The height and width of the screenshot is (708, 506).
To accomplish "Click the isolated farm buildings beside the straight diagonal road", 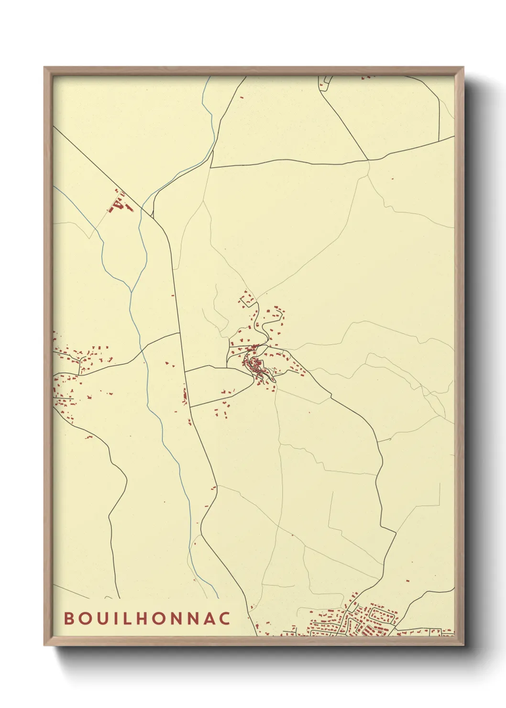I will [x=118, y=204].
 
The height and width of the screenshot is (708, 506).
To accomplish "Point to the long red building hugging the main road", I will [x=185, y=396].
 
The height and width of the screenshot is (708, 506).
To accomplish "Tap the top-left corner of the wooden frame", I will [x=44, y=67].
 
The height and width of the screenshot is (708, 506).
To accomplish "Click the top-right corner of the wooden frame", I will [x=463, y=67].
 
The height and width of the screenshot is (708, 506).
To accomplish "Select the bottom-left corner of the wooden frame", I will [x=44, y=645].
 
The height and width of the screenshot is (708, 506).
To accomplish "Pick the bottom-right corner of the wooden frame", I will [x=463, y=645].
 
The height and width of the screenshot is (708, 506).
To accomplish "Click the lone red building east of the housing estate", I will [x=408, y=580].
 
